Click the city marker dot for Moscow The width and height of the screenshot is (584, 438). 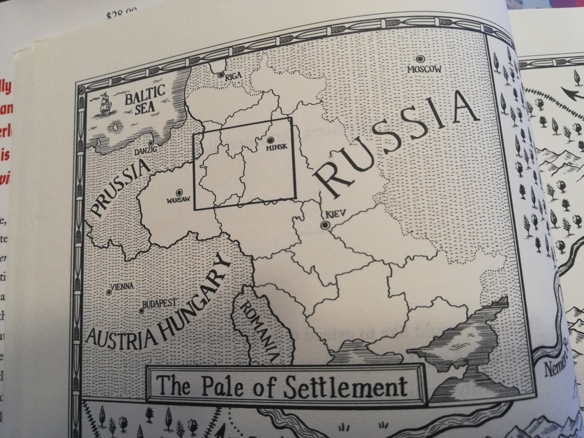(x=419, y=59)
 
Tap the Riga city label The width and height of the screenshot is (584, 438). (x=233, y=76)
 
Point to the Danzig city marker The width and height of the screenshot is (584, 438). (x=151, y=143)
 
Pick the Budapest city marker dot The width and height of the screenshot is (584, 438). (x=141, y=311)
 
